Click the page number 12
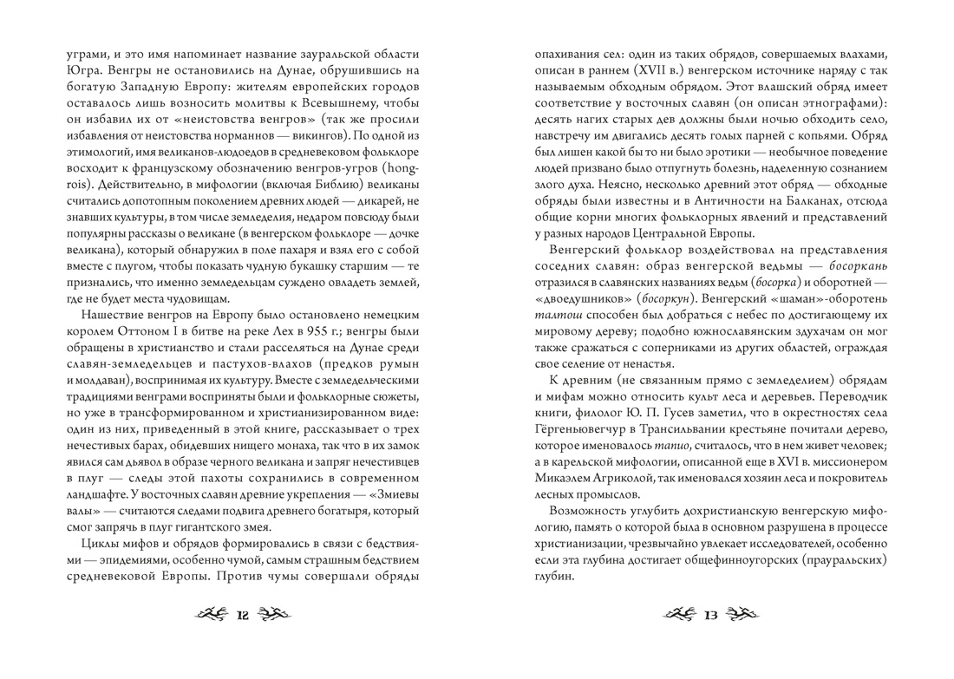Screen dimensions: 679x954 pos(242,617)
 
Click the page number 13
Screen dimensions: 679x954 pos(712,617)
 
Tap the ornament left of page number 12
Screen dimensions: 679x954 pos(211,617)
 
